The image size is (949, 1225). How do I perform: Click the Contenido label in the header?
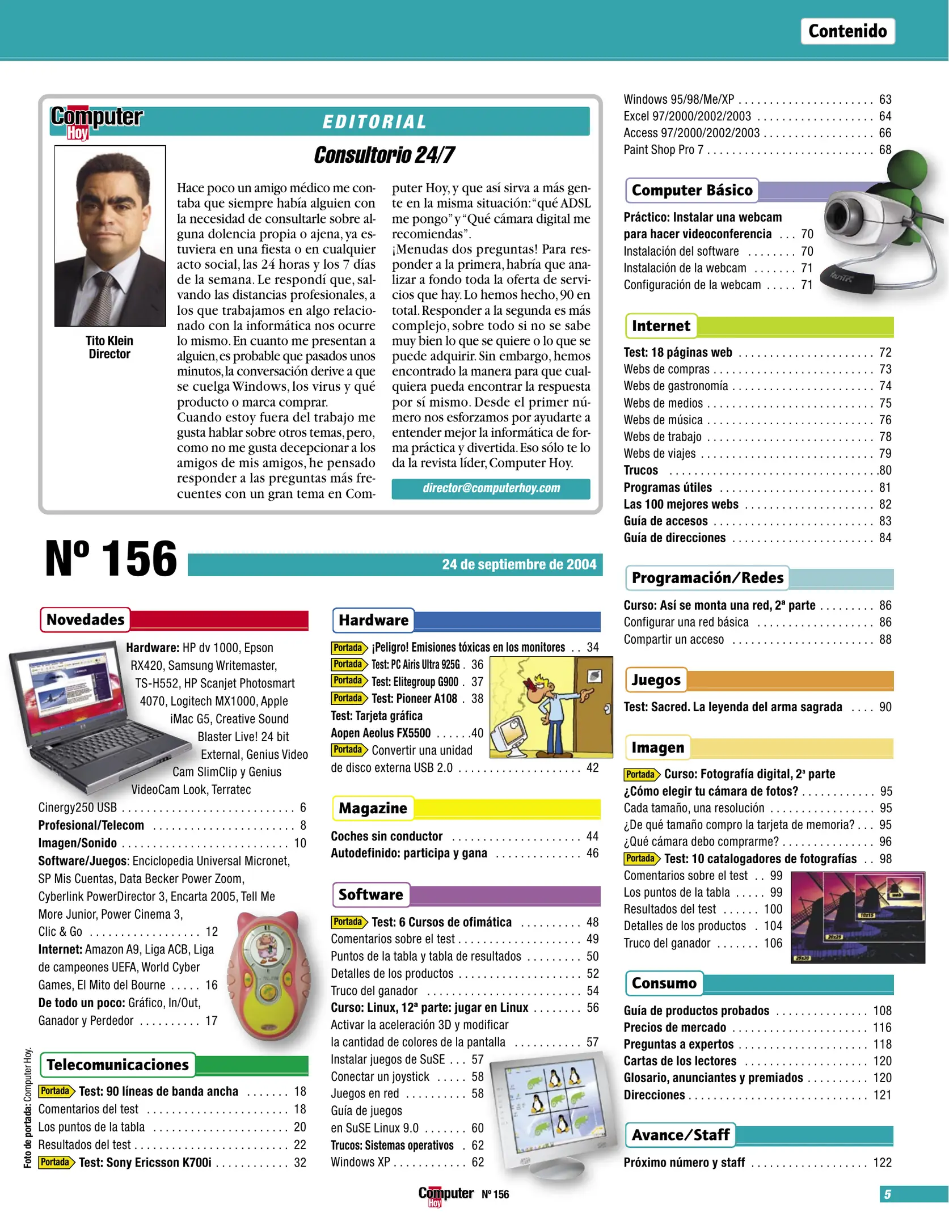pos(847,31)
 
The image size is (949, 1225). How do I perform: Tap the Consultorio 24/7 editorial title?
pos(384,155)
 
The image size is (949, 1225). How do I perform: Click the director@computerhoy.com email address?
pos(491,488)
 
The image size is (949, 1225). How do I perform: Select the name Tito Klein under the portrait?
pos(109,341)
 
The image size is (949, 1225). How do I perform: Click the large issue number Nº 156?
pos(111,559)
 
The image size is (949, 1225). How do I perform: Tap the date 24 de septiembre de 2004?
pos(518,565)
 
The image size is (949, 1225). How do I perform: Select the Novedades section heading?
pos(85,620)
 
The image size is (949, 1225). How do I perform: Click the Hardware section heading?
pos(373,620)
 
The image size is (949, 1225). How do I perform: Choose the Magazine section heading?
pos(373,809)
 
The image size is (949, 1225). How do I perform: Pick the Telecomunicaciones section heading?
pos(117,1065)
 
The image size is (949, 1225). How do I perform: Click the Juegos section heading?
pos(656,680)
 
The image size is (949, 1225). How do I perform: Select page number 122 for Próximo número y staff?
pos(882,1163)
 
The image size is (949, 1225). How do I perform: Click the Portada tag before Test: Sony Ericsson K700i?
pos(56,1162)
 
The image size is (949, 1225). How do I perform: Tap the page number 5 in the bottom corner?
pos(887,1194)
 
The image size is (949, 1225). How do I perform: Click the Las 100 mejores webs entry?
pos(681,504)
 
